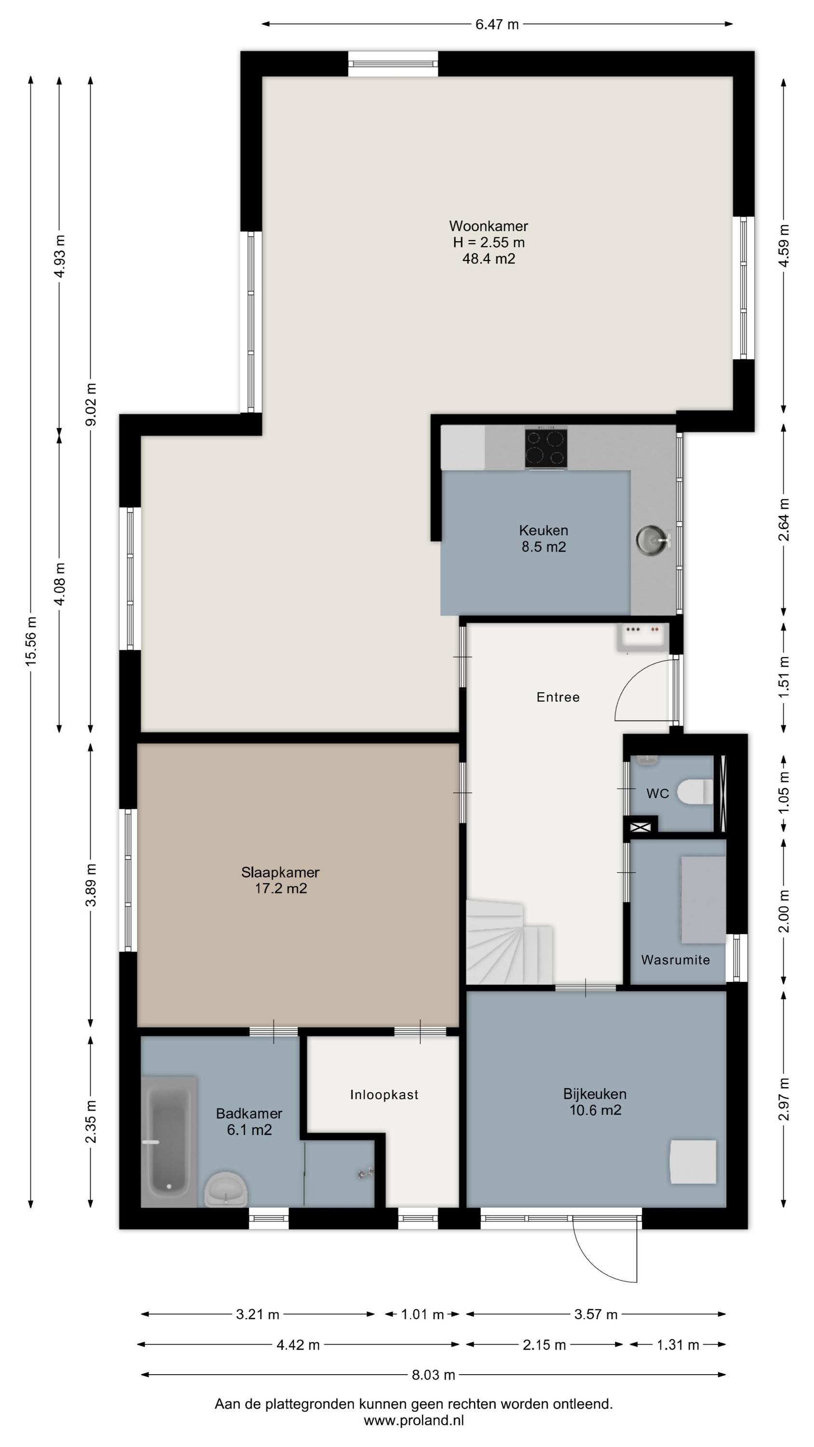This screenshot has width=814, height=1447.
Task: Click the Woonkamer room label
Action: tap(488, 226)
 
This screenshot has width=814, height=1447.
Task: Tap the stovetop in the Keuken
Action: tap(546, 448)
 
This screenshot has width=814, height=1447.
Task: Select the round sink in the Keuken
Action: tap(651, 539)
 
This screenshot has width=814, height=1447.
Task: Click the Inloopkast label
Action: tap(384, 1094)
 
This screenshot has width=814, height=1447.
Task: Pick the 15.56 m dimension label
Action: tap(31, 641)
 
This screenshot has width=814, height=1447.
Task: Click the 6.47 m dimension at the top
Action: tap(497, 24)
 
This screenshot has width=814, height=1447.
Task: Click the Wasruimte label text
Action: tap(675, 959)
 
